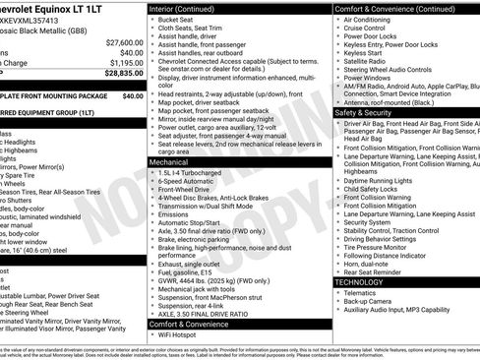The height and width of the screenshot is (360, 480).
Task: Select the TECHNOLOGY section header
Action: pyautogui.click(x=366, y=282)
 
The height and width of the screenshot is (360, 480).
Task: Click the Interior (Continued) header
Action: pyautogui.click(x=195, y=9)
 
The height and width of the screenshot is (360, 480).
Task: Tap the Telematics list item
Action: pyautogui.click(x=365, y=293)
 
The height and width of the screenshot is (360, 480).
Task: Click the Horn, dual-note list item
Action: pyautogui.click(x=370, y=265)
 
